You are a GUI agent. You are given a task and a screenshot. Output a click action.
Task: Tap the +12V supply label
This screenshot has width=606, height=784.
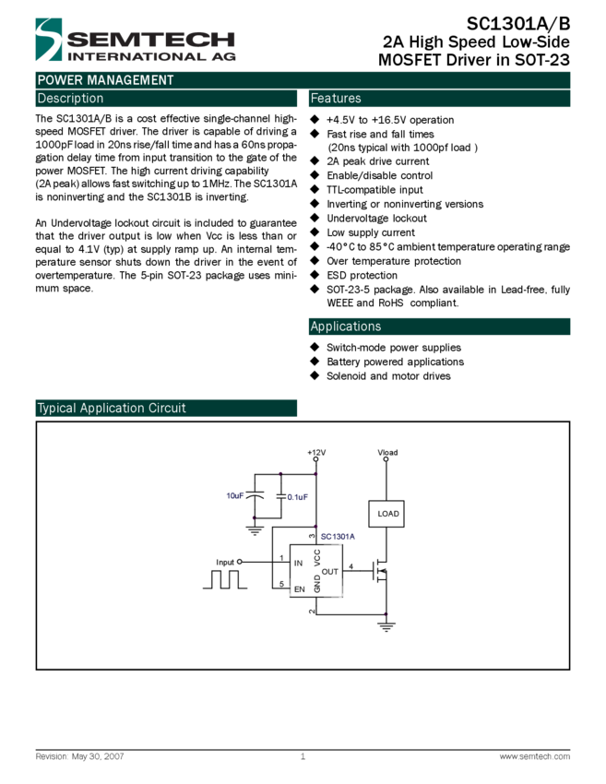[316, 452]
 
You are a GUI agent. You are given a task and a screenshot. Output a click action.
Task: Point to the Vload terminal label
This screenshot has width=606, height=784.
[387, 452]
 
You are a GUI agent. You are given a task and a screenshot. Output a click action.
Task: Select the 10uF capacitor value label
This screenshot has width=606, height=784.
[235, 495]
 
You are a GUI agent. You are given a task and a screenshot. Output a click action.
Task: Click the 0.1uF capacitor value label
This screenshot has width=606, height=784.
[296, 497]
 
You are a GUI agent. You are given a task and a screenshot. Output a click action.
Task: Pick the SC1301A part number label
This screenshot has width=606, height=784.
[338, 536]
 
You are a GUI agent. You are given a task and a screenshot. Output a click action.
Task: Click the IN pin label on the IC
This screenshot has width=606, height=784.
[298, 563]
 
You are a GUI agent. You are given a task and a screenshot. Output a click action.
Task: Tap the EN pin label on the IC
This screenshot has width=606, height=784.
[299, 588]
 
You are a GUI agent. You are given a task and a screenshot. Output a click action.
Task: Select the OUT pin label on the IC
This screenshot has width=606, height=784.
[330, 572]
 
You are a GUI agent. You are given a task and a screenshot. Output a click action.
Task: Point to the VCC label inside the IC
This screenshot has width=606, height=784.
[317, 557]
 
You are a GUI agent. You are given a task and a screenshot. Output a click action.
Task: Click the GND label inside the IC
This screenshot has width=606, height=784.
[317, 583]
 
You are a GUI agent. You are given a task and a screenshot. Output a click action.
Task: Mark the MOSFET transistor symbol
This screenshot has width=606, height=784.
[379, 572]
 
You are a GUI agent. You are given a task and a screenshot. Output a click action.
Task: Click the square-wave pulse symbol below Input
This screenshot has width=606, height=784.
[225, 579]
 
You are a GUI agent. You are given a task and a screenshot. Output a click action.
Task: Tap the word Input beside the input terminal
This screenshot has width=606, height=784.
[225, 562]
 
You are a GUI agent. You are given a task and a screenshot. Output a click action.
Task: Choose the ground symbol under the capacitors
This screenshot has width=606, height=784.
[255, 529]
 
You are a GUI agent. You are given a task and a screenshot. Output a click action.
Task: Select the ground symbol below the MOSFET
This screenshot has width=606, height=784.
[386, 626]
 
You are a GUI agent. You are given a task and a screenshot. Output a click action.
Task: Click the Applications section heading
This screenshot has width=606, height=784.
[345, 327]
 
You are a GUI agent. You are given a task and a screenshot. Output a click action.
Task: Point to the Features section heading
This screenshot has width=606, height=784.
[336, 99]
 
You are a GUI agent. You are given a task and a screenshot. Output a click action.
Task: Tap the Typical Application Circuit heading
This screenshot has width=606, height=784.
[112, 409]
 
